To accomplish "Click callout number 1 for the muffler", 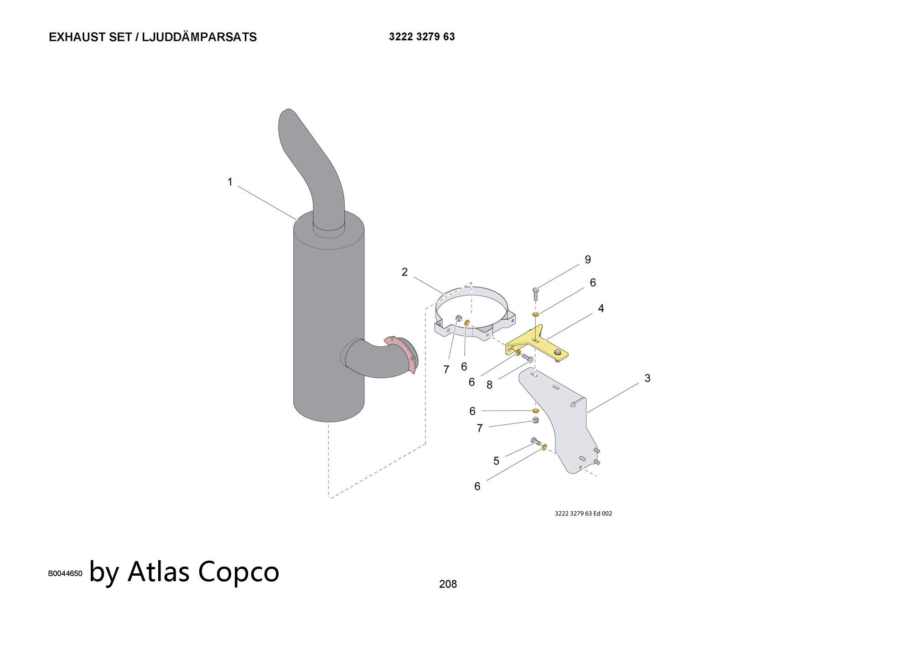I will coord(230,182).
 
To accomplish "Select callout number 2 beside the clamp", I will coord(404,272).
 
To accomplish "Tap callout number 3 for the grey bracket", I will coord(647,378).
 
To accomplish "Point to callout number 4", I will coord(601,309).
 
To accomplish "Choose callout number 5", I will coord(496,461).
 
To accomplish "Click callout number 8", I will coord(489,385).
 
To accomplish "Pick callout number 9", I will coord(588,260).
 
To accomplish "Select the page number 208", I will coord(448,584).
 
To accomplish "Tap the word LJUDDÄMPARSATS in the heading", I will coord(199,37).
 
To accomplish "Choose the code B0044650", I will coord(65,573).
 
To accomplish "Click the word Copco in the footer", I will coord(238,571).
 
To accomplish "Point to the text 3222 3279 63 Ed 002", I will coord(583,514).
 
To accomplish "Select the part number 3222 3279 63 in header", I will coord(422,37).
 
